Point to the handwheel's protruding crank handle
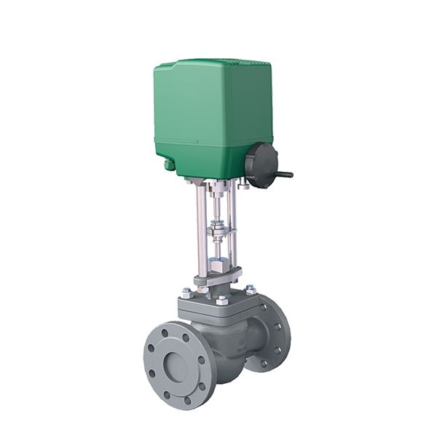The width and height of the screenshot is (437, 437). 285,174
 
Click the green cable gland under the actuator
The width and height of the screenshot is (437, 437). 170,165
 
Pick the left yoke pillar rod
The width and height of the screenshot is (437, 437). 200,226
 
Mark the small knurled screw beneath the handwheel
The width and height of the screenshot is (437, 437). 243,185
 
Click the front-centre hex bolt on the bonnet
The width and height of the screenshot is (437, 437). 221,299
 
